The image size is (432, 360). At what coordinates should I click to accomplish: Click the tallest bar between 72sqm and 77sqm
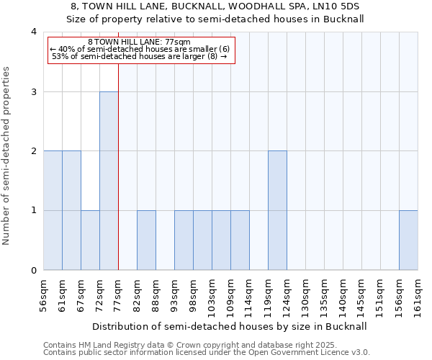point(109,181)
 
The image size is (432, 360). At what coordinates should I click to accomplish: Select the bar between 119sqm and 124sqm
point(277,211)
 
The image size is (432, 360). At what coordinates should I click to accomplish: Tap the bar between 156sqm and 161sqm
point(408,240)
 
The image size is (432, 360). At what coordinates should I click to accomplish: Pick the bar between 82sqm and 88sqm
point(146,240)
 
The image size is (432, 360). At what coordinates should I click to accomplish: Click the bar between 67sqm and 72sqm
point(90,240)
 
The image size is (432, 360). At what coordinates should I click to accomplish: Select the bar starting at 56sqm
point(53,211)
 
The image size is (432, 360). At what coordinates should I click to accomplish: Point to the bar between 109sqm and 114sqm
point(240,240)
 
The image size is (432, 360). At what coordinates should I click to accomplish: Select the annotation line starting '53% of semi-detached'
point(135,56)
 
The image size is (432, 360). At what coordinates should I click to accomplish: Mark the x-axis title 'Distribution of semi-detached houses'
point(230,326)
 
